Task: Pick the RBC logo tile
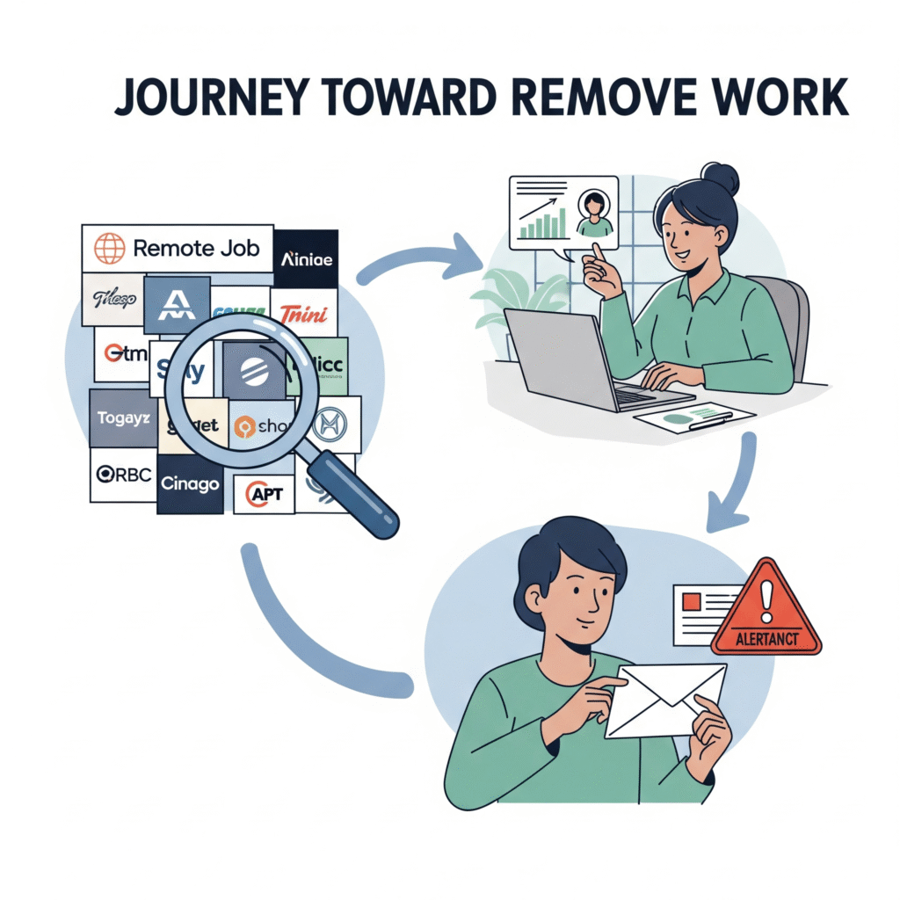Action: pyautogui.click(x=123, y=475)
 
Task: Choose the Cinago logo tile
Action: pyautogui.click(x=190, y=483)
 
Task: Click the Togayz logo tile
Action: pyautogui.click(x=122, y=418)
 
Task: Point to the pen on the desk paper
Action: pyautogui.click(x=713, y=420)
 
